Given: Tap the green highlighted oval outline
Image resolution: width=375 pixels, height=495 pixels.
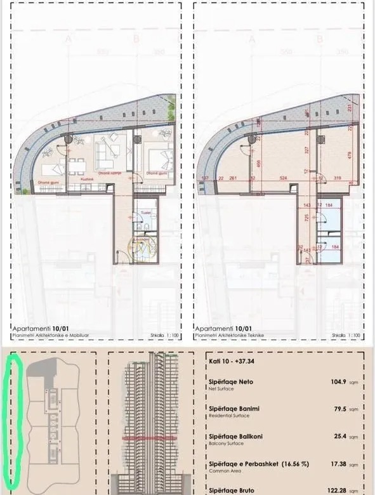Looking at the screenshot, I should pos(12,419).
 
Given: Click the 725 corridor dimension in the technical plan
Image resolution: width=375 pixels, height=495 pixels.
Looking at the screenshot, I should pos(307,218).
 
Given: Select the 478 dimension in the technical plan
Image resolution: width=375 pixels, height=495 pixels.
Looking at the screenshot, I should pos(348,154).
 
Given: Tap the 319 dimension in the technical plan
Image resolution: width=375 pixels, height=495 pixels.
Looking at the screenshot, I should pos(336,178).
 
